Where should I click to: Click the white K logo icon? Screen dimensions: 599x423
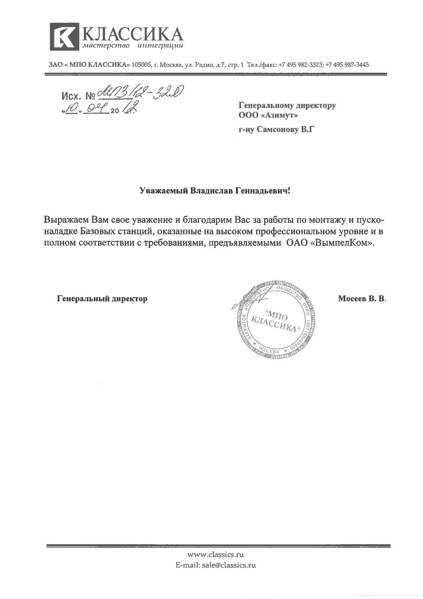pos(64,37)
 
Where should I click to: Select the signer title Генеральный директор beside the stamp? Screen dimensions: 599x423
pos(102,298)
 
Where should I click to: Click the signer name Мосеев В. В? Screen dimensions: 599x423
pos(362,298)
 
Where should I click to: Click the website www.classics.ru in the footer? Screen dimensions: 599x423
pos(215,554)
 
